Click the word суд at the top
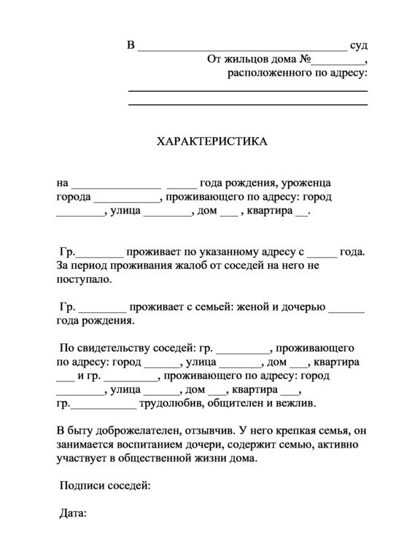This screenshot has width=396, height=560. pos(358,45)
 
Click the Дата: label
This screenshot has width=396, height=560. pos(73,513)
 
